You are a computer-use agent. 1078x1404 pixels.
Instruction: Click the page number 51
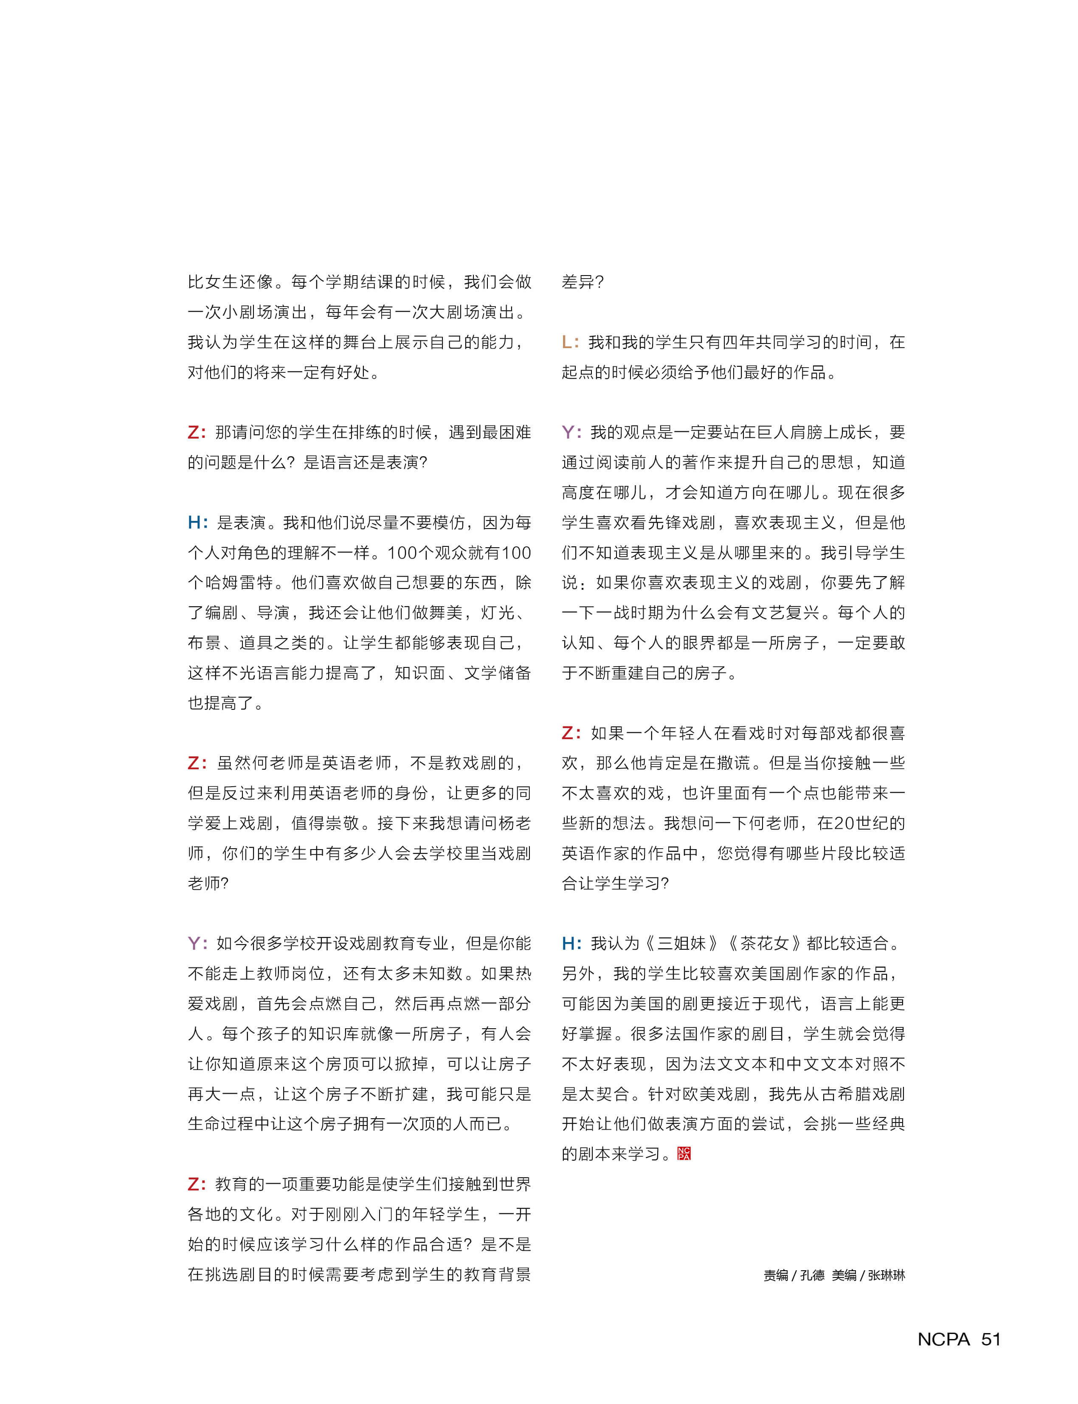coord(991,1339)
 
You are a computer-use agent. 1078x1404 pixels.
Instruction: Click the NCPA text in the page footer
coord(943,1339)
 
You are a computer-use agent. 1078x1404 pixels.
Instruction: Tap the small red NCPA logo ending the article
coord(684,1154)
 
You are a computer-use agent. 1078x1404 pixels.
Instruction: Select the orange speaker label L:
coord(570,342)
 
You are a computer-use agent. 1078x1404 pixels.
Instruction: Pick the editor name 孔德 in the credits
coord(812,1275)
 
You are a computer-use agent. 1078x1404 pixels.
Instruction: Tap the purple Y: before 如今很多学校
coord(197,943)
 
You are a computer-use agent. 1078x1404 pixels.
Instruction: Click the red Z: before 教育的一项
coord(197,1185)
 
